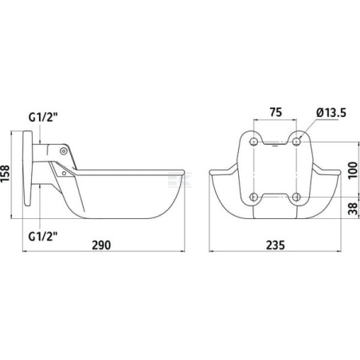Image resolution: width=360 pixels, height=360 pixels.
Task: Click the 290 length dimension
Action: pos(101,245)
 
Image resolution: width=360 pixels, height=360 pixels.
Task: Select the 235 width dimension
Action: pos(276,245)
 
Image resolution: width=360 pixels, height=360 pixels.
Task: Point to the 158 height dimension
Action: pos(5,174)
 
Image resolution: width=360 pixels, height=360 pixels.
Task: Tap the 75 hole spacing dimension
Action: pos(276,112)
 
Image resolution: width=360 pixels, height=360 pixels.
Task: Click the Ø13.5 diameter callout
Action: pos(331,113)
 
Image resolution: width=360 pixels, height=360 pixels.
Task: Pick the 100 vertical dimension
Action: pos(353,170)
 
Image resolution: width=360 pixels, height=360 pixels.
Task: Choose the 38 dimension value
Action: pos(353,209)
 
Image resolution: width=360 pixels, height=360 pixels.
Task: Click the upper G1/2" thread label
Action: pos(43,117)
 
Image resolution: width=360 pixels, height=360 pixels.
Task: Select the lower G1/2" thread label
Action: pos(43,236)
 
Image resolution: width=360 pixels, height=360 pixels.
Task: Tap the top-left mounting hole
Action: pos(254,142)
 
